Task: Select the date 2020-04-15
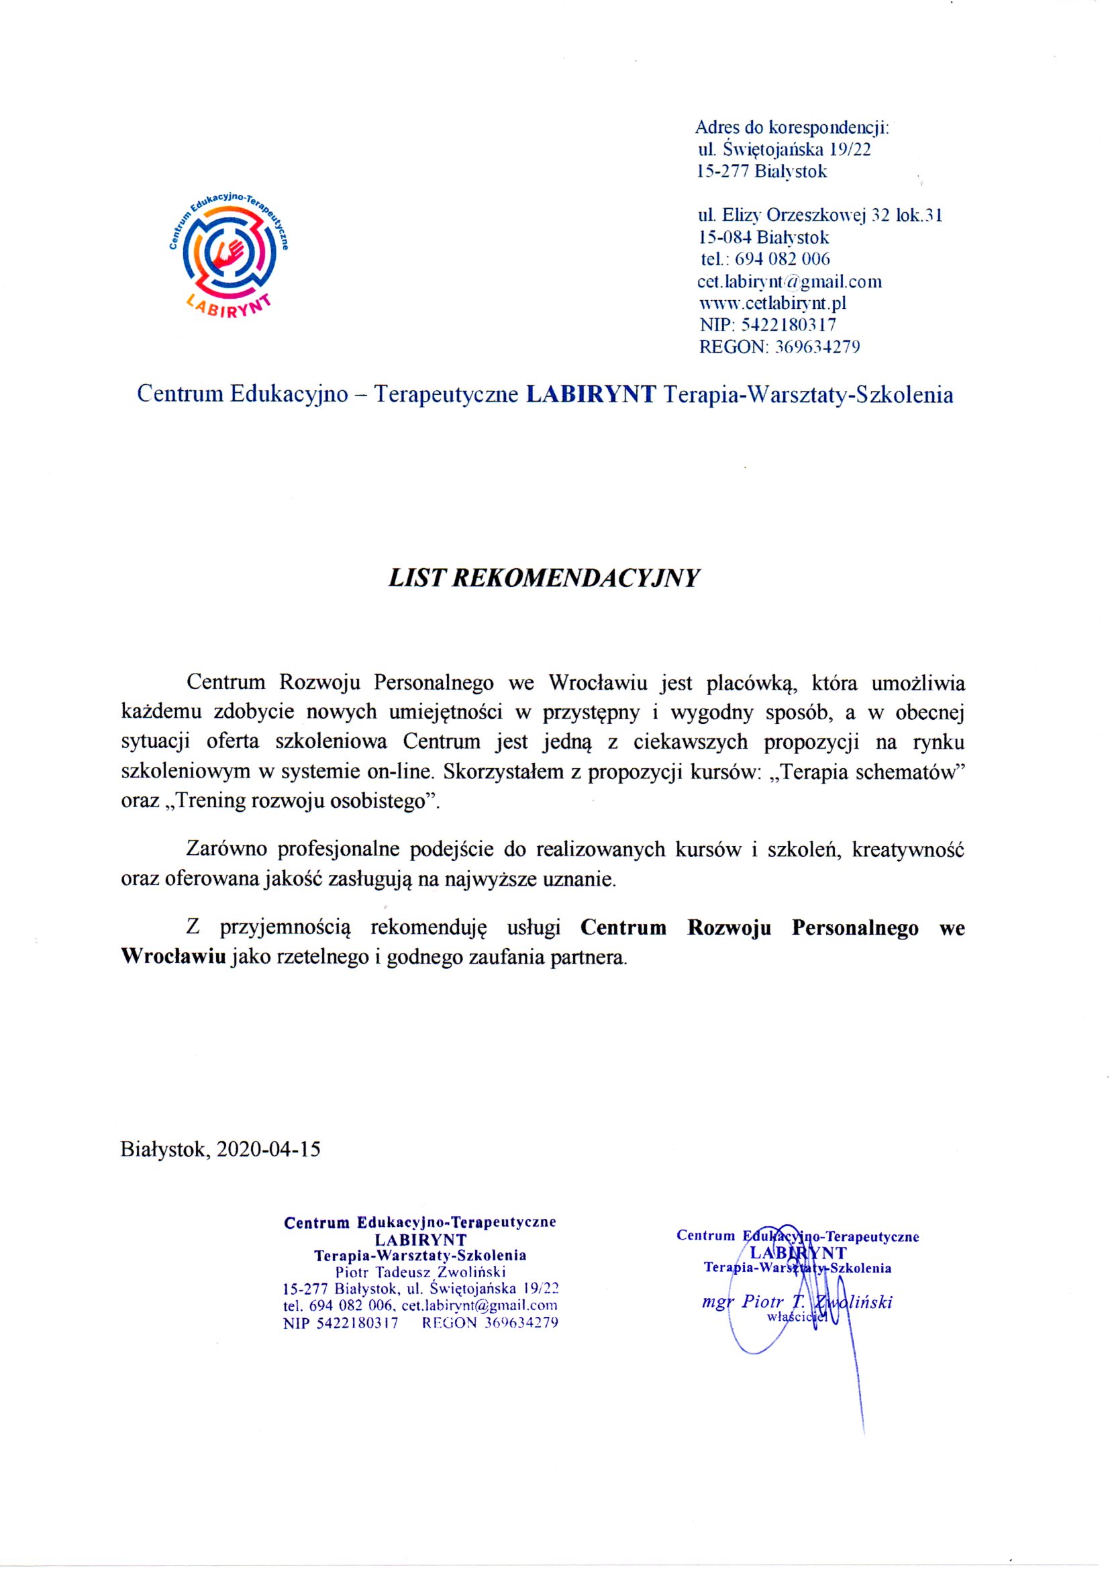coord(268,1149)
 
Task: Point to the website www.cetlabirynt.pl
coord(772,303)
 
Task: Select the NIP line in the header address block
coord(767,325)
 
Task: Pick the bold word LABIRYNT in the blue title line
coord(591,395)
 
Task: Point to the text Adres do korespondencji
coord(791,127)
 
